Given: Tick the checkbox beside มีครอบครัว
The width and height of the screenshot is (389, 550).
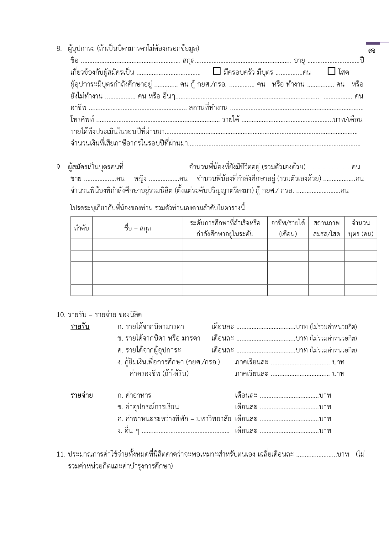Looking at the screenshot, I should point(217,71).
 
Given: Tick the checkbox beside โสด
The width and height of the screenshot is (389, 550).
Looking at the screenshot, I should point(331,71).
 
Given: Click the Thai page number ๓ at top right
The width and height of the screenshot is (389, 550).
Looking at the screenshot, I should point(371,50).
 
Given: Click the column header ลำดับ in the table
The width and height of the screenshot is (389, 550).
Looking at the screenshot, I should point(81,228).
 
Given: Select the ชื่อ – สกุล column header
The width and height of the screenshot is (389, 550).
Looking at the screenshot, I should point(138,228).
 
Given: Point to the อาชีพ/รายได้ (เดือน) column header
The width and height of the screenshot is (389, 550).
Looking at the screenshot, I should point(288,228).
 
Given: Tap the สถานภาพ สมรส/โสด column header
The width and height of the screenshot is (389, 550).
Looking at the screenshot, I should point(326,228).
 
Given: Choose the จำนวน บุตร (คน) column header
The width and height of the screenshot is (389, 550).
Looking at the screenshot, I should point(360,228).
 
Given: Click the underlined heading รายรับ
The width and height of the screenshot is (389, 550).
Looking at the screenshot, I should point(80,327).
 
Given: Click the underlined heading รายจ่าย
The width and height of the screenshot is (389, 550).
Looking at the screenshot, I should point(81,395).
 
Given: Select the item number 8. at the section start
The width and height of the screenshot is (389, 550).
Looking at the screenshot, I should point(59,48).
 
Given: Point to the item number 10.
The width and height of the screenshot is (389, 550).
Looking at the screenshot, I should point(60,315).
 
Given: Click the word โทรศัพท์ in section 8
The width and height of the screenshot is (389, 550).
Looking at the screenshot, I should point(82,120).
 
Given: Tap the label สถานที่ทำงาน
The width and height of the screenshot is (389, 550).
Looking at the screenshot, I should point(208,108).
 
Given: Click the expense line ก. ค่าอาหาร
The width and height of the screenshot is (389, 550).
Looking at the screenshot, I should point(134,395).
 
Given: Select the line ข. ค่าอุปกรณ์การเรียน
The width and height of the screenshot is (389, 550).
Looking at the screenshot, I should point(148,407).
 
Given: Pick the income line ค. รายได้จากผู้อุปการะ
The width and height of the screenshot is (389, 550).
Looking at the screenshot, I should point(149,350).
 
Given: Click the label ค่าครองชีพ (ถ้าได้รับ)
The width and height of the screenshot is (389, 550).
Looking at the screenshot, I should point(159,373).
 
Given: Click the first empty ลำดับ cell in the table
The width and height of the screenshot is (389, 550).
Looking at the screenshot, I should point(81,244).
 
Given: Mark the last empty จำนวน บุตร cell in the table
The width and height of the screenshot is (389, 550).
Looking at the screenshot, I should point(360,290).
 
